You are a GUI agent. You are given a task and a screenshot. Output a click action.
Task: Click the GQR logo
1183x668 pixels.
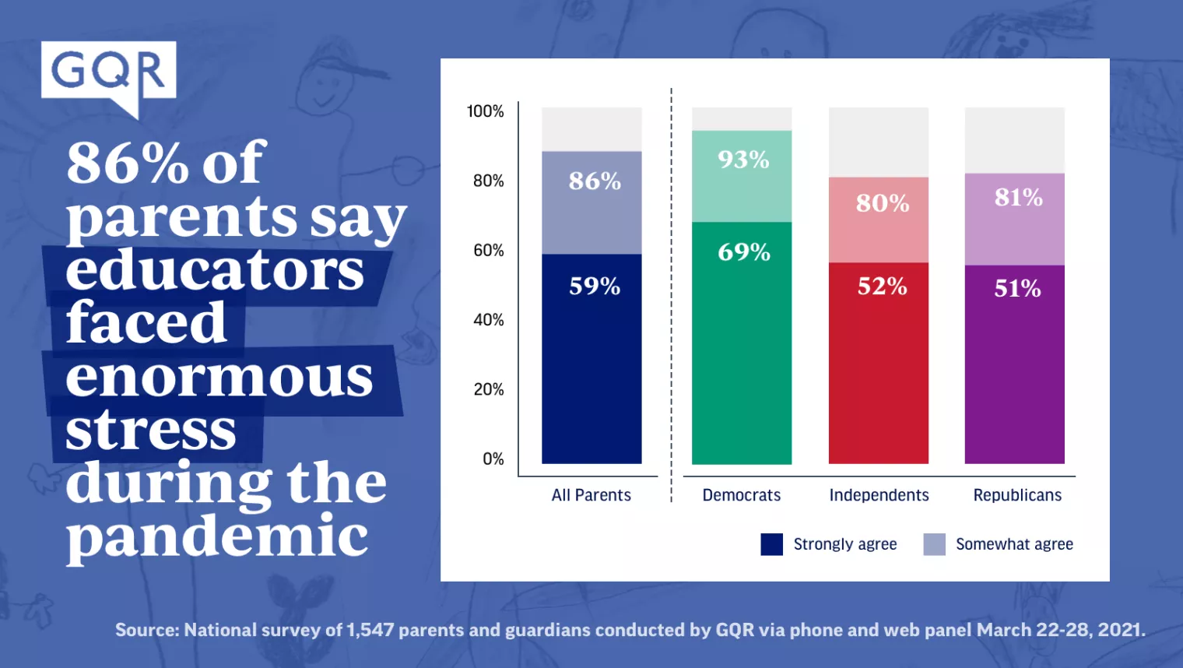[108, 72]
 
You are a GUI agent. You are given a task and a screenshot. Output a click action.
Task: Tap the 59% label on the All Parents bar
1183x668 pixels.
[595, 287]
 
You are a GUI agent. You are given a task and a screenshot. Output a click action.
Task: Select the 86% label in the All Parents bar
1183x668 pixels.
[595, 181]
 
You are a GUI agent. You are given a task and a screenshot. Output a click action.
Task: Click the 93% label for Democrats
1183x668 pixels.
[743, 160]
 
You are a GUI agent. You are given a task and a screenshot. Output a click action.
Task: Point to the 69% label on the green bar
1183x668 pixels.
[744, 252]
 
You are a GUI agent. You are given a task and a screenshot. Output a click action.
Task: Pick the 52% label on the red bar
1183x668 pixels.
[882, 287]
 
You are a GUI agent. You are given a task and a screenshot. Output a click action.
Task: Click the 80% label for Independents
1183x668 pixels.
[883, 203]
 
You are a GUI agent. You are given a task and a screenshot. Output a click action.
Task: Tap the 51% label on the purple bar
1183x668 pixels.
[1017, 289]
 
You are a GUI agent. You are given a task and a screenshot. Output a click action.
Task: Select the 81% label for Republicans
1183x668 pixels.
[1018, 198]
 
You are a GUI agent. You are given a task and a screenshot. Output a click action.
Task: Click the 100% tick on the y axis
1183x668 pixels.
[485, 111]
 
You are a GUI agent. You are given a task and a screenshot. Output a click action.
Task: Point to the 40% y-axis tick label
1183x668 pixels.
[488, 320]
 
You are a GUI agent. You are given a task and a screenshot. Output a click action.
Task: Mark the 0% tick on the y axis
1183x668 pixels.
[493, 459]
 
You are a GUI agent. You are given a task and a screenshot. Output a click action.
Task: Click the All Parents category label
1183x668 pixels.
[591, 495]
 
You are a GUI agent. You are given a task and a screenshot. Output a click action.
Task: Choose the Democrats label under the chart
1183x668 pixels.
[741, 495]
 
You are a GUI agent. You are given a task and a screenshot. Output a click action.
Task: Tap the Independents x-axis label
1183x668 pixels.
[879, 495]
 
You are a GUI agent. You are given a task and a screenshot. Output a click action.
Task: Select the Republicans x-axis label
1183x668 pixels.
[1017, 495]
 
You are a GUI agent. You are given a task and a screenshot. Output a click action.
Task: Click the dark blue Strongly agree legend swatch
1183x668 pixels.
[771, 544]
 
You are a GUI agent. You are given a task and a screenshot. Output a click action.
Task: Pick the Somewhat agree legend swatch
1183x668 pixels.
[934, 544]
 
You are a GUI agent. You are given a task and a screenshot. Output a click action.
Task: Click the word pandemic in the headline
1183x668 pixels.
[217, 536]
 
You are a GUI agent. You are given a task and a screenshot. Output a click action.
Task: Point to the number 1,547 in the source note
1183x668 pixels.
[370, 630]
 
